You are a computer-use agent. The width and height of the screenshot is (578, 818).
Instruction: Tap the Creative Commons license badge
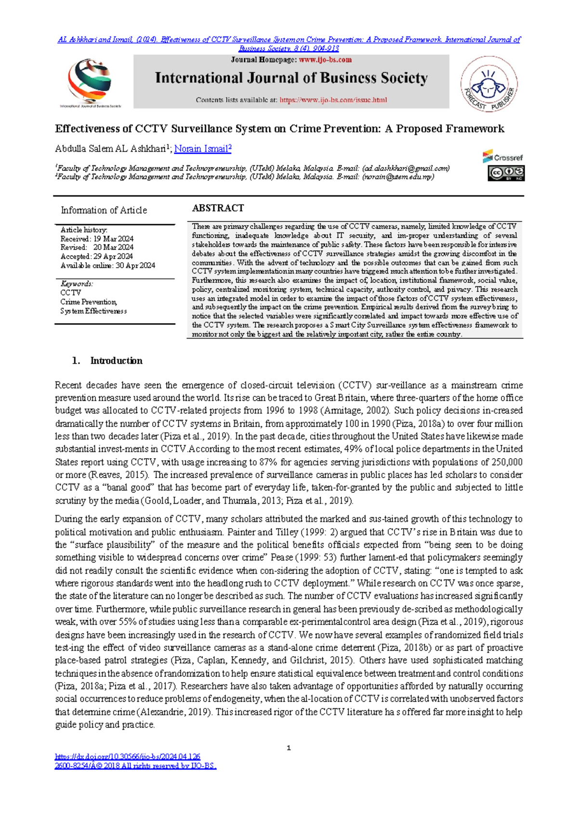click(506, 173)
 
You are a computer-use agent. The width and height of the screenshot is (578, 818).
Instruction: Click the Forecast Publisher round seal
click(488, 83)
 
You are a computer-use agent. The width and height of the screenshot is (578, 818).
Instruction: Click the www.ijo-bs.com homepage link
click(325, 60)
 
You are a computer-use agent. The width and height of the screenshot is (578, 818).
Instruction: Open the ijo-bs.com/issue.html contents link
click(333, 100)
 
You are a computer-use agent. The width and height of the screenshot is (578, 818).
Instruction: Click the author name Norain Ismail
click(202, 149)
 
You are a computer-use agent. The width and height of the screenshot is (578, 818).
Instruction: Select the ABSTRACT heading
click(218, 208)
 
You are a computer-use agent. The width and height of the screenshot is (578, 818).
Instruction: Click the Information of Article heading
click(104, 210)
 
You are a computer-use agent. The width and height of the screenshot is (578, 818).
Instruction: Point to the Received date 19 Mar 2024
click(113, 239)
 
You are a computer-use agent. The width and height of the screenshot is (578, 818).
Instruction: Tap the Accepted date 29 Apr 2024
click(113, 257)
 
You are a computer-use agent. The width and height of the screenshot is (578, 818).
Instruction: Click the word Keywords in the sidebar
click(77, 284)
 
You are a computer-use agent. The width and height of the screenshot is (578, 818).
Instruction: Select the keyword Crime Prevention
click(89, 302)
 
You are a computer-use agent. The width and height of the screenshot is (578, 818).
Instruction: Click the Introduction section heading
click(116, 361)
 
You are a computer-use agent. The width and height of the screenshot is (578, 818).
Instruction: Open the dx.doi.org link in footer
click(128, 757)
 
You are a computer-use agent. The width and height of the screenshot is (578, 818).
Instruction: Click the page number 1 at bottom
click(289, 748)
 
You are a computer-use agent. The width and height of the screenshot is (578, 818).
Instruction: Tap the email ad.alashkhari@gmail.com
click(406, 168)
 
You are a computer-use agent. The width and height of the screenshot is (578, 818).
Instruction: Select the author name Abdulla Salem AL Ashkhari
click(111, 149)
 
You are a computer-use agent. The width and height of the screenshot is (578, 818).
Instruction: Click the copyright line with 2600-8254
click(135, 766)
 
